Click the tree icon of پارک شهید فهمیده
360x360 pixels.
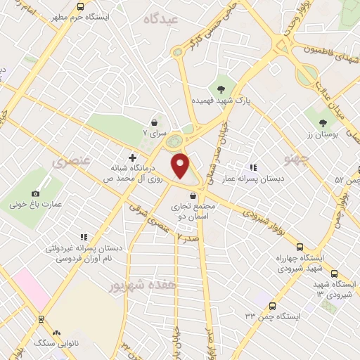pos(222,89)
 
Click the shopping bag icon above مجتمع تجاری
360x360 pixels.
pos(193,195)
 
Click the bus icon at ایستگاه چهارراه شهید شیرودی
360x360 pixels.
pos(300,247)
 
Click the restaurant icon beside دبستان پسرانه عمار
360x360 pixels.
pos(252,167)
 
